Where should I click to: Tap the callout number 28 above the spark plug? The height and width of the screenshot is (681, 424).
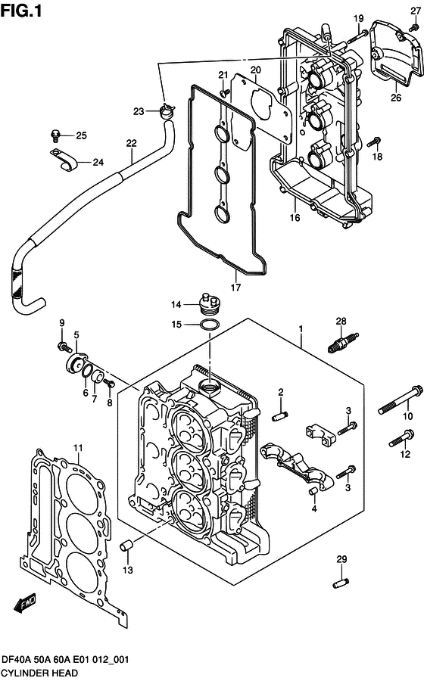pos(341,322)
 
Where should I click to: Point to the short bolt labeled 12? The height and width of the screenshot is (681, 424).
pos(401,438)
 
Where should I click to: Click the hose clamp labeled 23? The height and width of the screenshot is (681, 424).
pos(167,112)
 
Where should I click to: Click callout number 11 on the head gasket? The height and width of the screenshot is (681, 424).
pos(77,449)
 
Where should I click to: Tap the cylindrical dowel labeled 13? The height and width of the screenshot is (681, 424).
pos(129,545)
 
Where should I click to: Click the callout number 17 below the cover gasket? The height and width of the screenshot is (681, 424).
pos(235,288)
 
